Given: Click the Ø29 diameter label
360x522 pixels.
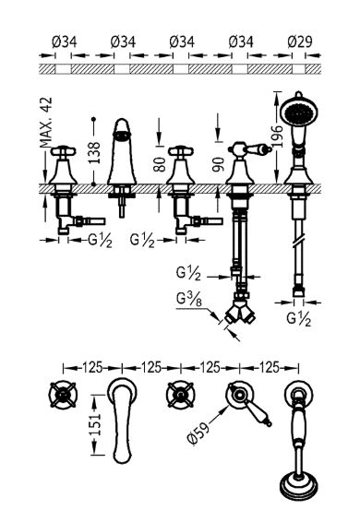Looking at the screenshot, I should (x=300, y=42).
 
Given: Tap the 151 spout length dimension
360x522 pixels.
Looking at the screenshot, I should (x=95, y=423).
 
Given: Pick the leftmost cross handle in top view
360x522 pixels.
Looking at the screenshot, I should (x=63, y=397).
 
